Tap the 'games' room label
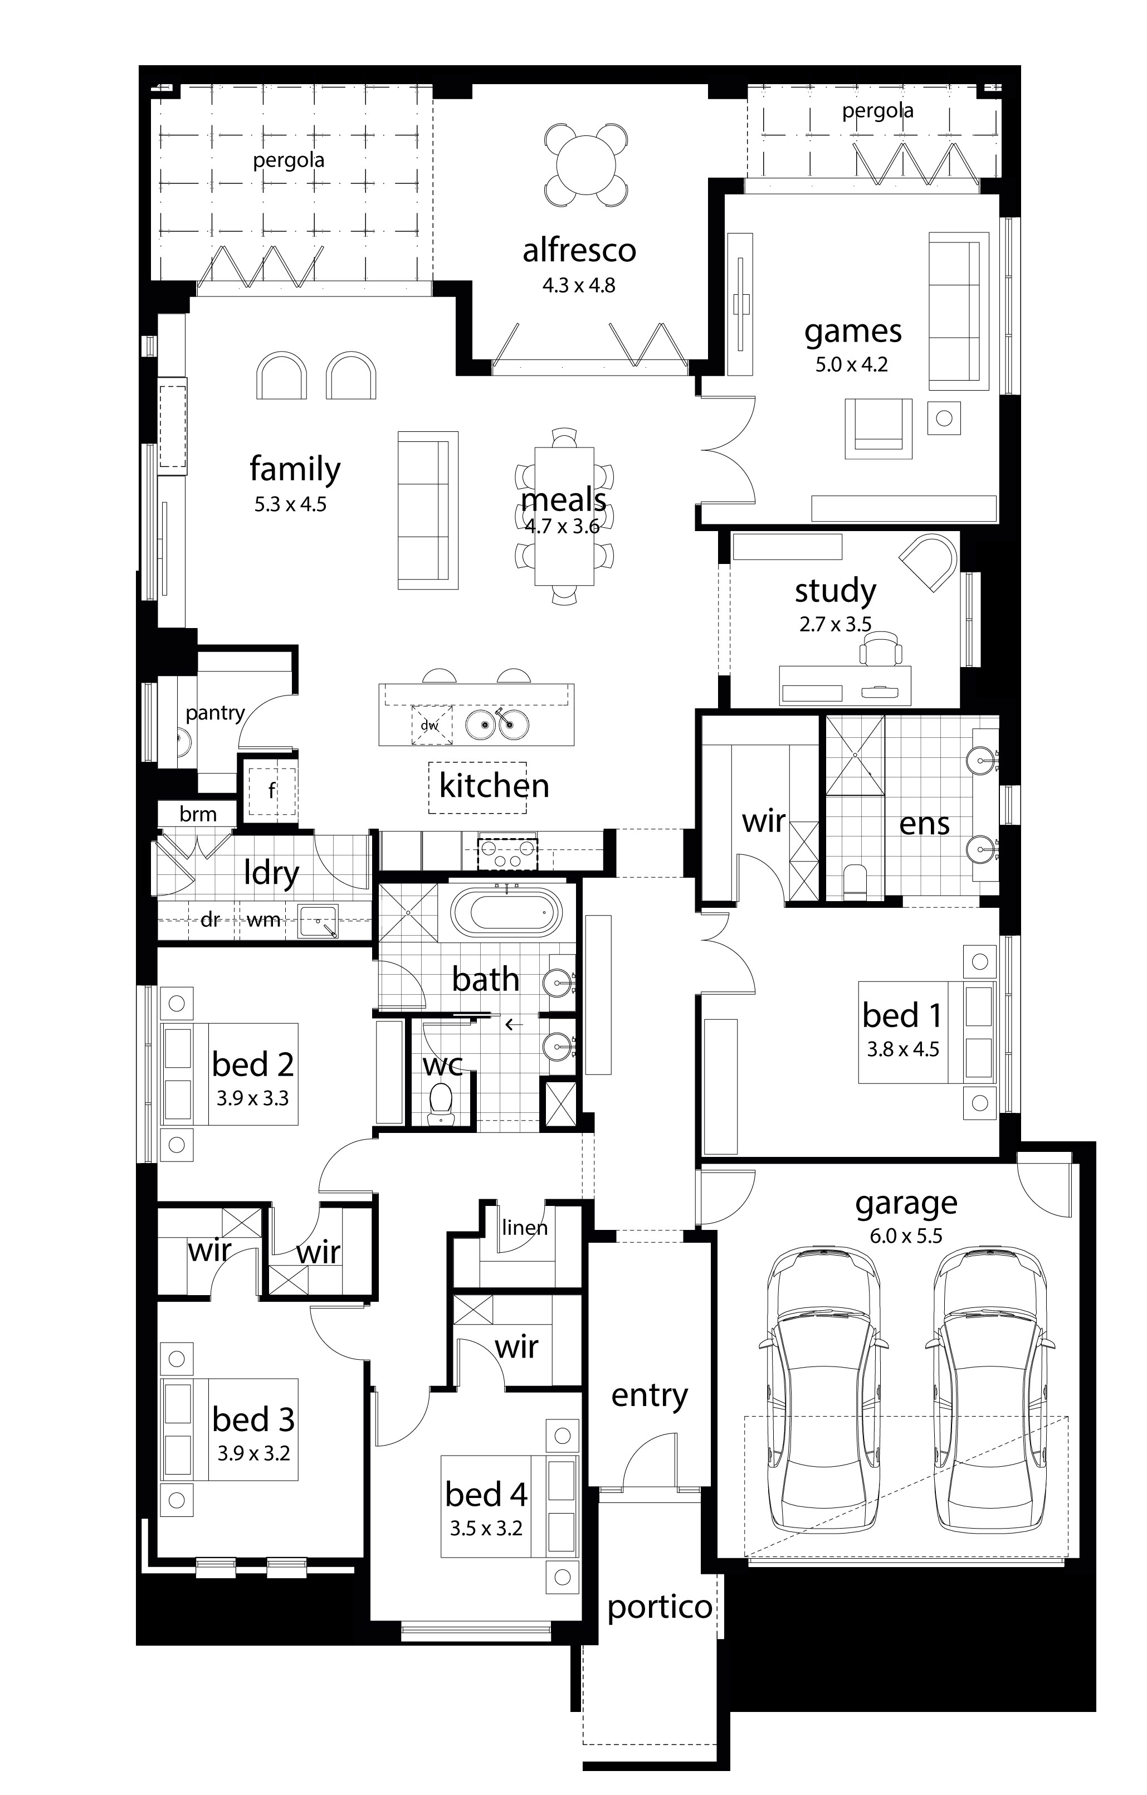click(x=853, y=332)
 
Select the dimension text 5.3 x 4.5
click(x=291, y=505)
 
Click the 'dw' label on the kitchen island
click(x=429, y=726)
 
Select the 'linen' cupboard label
click(x=525, y=1227)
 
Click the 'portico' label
click(x=660, y=1608)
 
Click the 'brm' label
click(x=198, y=814)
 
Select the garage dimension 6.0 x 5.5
click(x=906, y=1236)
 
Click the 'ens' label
click(x=924, y=824)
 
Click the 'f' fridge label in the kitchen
click(x=272, y=790)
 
